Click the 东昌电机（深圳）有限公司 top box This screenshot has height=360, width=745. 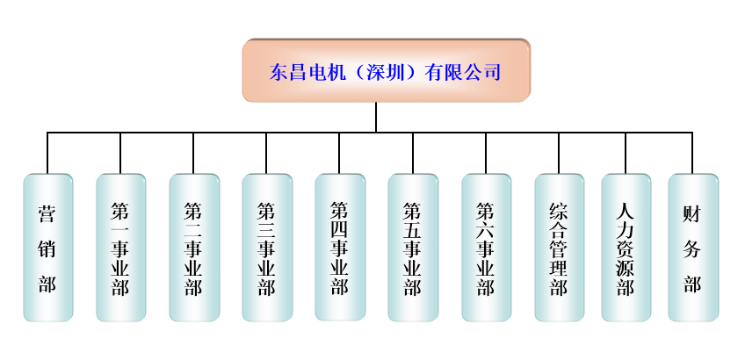(386, 70)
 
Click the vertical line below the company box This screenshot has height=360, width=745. (376, 117)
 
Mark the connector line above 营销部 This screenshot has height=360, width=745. (47, 154)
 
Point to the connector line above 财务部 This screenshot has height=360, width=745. (692, 154)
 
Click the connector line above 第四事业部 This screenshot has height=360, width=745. (339, 154)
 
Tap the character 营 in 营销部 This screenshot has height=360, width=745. (47, 213)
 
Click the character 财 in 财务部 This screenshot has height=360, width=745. (692, 213)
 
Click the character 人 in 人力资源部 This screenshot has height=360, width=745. (626, 211)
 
